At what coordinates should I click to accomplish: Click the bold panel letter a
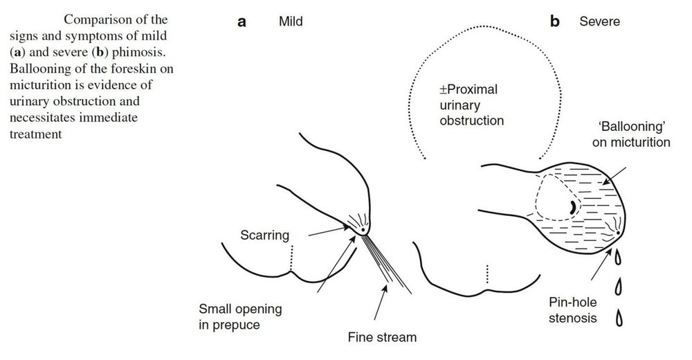(242, 21)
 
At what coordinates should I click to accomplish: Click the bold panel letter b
(555, 21)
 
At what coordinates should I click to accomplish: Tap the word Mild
(291, 21)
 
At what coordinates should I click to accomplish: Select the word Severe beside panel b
(599, 21)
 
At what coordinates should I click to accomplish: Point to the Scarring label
(265, 235)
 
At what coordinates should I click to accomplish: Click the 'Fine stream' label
(382, 337)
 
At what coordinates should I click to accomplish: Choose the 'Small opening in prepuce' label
(240, 316)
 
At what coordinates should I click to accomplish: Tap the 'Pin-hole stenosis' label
(573, 310)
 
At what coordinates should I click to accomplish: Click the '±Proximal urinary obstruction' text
(471, 105)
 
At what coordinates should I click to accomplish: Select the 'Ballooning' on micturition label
(631, 134)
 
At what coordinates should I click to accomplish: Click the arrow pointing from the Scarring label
(328, 231)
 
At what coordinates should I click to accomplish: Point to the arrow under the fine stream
(381, 302)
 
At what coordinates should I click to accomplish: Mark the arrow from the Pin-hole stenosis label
(601, 264)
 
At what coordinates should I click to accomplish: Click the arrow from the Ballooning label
(614, 176)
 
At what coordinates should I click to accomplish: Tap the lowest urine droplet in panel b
(619, 318)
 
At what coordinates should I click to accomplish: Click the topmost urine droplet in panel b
(618, 257)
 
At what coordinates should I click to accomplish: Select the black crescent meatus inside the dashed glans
(572, 207)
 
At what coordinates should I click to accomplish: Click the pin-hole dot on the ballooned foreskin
(618, 233)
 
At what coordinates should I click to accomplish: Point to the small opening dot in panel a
(363, 230)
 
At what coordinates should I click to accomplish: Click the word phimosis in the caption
(138, 52)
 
